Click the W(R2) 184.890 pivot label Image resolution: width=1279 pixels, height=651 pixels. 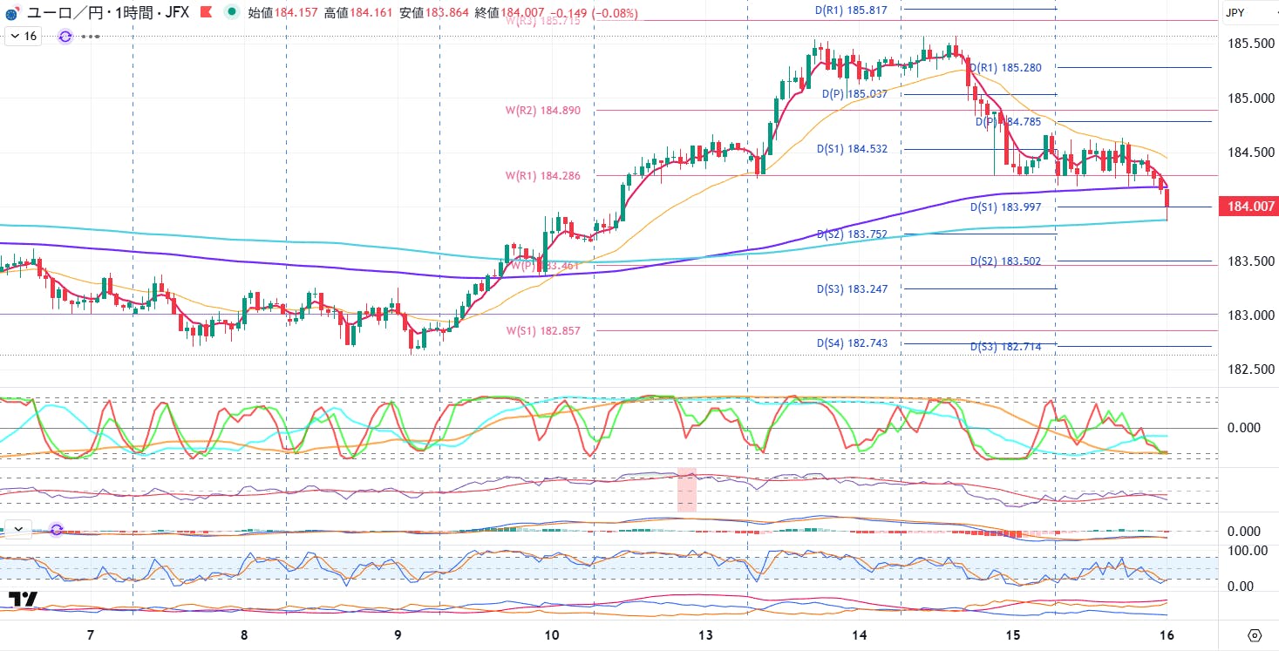[542, 111]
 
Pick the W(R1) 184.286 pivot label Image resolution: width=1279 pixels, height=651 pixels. [542, 176]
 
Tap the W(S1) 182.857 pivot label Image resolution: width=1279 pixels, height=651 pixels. [542, 331]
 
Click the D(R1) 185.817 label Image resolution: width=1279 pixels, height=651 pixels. [851, 10]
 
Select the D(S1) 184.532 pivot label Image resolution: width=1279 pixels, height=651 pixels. [852, 149]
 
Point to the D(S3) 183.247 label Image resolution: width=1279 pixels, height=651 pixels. [852, 288]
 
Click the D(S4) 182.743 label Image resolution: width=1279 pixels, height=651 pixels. [852, 343]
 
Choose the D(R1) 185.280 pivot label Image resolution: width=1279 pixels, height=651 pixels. [1005, 67]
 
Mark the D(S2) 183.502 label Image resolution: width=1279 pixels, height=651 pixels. [1005, 261]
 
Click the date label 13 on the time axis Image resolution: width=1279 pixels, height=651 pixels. [705, 634]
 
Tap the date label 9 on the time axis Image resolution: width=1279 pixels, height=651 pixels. [398, 634]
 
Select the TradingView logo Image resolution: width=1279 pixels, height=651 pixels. [23, 600]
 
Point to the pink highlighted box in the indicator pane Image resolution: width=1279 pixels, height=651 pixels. [687, 490]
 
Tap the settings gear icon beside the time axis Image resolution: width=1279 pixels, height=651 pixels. [1255, 634]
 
